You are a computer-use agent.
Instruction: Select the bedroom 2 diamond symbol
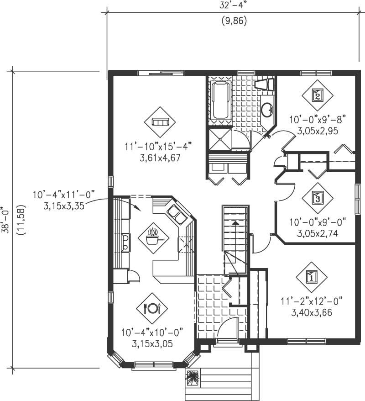[x=318, y=95]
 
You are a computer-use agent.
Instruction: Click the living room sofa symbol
[x=160, y=122]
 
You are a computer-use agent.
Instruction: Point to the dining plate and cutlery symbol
[x=152, y=308]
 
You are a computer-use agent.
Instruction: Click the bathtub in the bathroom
[x=221, y=100]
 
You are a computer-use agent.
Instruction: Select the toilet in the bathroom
[x=264, y=84]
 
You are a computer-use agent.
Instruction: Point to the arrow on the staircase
[x=235, y=223]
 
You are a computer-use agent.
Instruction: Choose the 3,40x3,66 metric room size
[x=312, y=313]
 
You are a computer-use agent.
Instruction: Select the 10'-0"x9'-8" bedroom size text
[x=318, y=120]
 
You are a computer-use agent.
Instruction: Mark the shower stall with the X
[x=219, y=139]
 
